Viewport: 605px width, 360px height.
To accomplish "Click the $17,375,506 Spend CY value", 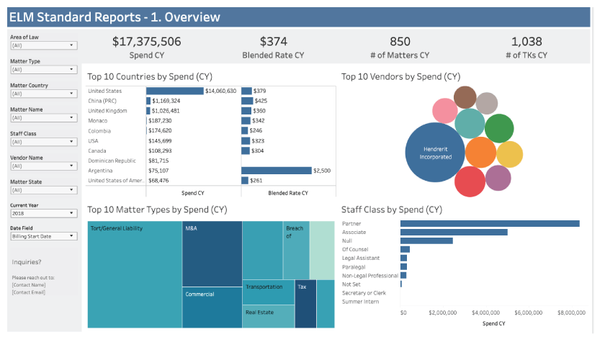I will click(146, 42).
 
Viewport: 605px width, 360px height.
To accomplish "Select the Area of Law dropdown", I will click(44, 45).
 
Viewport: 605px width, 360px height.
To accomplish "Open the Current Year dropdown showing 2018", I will click(44, 213).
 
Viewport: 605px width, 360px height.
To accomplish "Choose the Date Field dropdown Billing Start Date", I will click(44, 236).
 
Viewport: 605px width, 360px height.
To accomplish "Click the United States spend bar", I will click(175, 91).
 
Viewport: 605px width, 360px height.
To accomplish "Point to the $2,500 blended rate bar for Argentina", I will click(276, 171).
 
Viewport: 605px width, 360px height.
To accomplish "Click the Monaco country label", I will click(99, 121).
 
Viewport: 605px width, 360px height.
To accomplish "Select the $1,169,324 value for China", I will click(166, 101).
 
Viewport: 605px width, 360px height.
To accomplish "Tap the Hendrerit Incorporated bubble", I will click(436, 153).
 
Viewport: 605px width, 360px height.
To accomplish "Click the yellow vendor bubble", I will click(509, 154).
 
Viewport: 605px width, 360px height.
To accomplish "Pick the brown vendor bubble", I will click(465, 97).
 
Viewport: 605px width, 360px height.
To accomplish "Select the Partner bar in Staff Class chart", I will click(490, 223).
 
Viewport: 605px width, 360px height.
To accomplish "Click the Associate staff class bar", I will click(454, 232).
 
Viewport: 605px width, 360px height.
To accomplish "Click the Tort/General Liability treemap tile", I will click(134, 274).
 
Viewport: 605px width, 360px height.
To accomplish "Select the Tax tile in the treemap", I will click(305, 302).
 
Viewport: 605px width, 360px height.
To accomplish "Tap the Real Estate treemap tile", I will click(268, 316).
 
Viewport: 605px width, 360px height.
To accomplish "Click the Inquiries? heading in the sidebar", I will click(27, 262).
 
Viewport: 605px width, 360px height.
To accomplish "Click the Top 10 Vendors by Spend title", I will click(400, 76).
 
